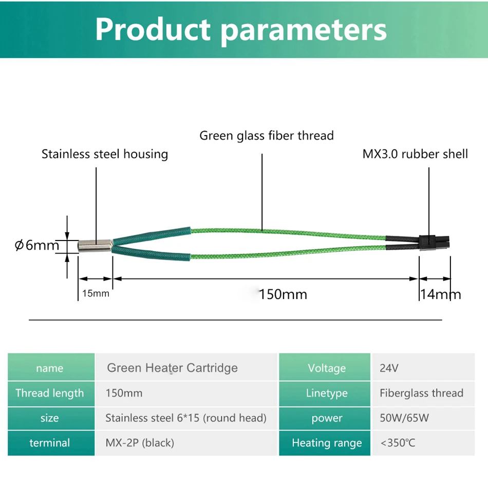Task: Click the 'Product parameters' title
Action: [241, 30]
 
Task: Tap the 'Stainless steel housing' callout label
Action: [105, 154]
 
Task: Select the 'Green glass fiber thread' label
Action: [267, 136]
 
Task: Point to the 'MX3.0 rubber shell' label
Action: [415, 154]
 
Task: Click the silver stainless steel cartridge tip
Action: [95, 246]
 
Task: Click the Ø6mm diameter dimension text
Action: [37, 246]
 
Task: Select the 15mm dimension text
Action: [96, 293]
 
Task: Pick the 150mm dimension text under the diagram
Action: [283, 294]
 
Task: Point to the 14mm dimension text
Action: [440, 294]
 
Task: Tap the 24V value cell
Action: [423, 368]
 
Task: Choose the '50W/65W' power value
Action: [404, 418]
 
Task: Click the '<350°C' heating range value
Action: [398, 443]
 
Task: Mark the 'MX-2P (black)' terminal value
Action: [140, 443]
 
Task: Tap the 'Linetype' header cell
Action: [325, 393]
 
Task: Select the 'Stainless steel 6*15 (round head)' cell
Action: [186, 418]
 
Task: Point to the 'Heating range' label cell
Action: [325, 443]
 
